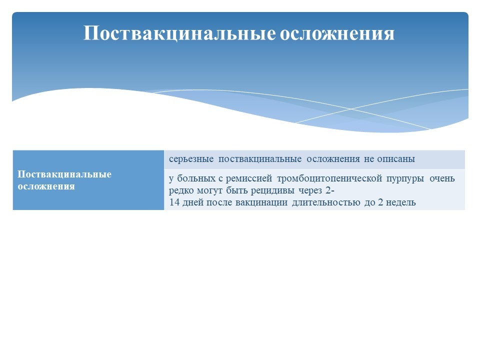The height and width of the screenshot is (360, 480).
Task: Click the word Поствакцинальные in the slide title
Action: click(x=179, y=33)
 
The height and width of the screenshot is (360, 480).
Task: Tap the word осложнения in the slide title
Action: click(x=337, y=33)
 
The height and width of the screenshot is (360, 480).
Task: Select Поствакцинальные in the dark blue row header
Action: click(x=64, y=174)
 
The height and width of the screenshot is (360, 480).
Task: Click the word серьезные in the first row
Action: click(x=191, y=159)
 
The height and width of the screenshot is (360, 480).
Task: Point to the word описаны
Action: click(x=396, y=159)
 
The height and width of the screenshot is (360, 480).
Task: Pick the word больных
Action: click(x=196, y=178)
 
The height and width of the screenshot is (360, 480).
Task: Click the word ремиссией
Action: click(x=249, y=179)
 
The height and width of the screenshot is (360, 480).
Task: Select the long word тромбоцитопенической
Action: click(x=329, y=179)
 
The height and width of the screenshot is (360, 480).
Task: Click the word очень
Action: click(x=442, y=178)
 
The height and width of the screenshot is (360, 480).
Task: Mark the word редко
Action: click(x=181, y=190)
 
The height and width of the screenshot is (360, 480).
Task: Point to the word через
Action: click(x=310, y=191)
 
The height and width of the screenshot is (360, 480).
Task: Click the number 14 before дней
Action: click(x=174, y=202)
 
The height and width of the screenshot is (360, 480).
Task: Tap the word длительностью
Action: click(x=326, y=202)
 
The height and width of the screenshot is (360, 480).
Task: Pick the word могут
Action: click(x=209, y=190)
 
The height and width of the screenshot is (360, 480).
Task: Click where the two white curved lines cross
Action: click(x=351, y=109)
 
